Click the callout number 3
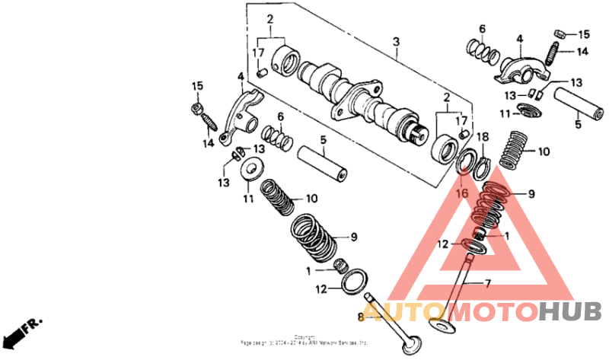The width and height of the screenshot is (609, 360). click(x=396, y=40)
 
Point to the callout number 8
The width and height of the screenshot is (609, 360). click(x=362, y=316)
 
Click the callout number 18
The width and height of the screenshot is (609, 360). click(x=482, y=135)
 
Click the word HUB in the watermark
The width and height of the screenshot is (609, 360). click(x=570, y=311)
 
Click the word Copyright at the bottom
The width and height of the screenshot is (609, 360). click(x=304, y=336)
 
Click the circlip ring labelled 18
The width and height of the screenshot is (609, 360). click(x=480, y=166)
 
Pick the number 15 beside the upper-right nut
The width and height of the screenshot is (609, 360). click(x=584, y=35)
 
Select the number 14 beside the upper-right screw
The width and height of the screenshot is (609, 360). click(x=582, y=53)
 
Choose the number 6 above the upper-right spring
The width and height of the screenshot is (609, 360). click(x=481, y=29)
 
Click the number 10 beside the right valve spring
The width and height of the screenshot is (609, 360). click(x=544, y=151)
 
